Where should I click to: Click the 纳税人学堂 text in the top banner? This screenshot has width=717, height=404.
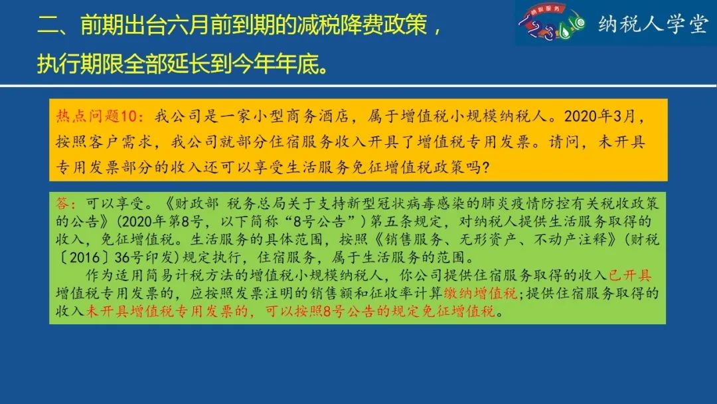(x=653, y=24)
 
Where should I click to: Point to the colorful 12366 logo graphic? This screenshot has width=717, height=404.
(x=552, y=22)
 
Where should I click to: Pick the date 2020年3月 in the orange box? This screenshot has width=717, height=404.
(x=599, y=116)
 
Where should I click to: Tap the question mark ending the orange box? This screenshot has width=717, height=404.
(x=485, y=167)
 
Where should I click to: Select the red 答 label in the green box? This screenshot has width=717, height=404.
(x=62, y=203)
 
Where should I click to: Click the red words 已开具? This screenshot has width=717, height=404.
(x=630, y=275)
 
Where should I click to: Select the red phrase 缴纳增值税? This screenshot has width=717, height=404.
(x=480, y=293)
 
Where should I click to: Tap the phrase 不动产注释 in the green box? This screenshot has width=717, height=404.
(x=570, y=239)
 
